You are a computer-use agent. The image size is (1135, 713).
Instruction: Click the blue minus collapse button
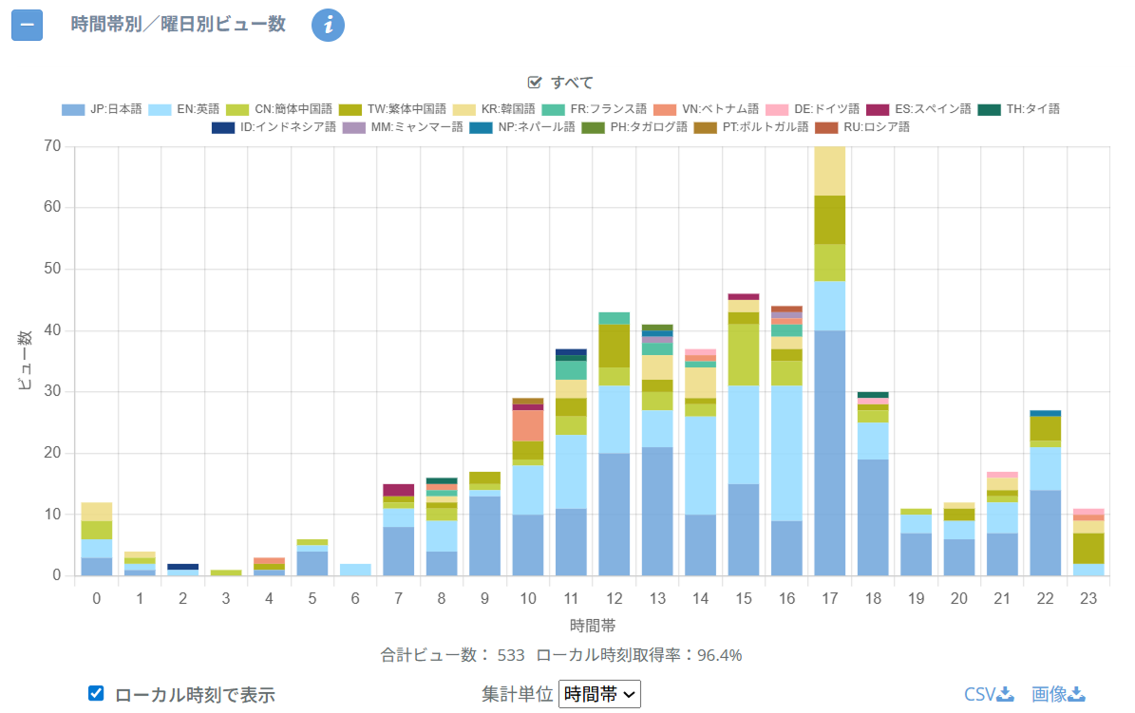coord(27,25)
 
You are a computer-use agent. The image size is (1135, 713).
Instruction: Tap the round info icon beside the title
coord(328,25)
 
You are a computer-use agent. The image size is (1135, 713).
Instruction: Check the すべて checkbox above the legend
coord(535,83)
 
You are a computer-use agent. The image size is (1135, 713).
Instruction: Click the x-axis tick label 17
coord(829,599)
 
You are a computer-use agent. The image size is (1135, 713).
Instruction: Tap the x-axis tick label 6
coord(355,599)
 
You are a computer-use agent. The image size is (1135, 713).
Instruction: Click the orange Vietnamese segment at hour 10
coord(528,425)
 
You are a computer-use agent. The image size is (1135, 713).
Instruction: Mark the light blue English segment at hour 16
coord(785,453)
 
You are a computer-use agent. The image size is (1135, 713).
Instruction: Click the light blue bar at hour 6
coord(355,570)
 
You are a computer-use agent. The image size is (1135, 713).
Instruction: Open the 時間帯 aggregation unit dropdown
coord(600,694)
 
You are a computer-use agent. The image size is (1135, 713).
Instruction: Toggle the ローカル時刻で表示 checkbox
coord(96,693)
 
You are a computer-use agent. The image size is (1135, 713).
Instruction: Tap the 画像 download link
coord(1058,694)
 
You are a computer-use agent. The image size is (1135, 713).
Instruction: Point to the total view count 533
coord(510,655)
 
